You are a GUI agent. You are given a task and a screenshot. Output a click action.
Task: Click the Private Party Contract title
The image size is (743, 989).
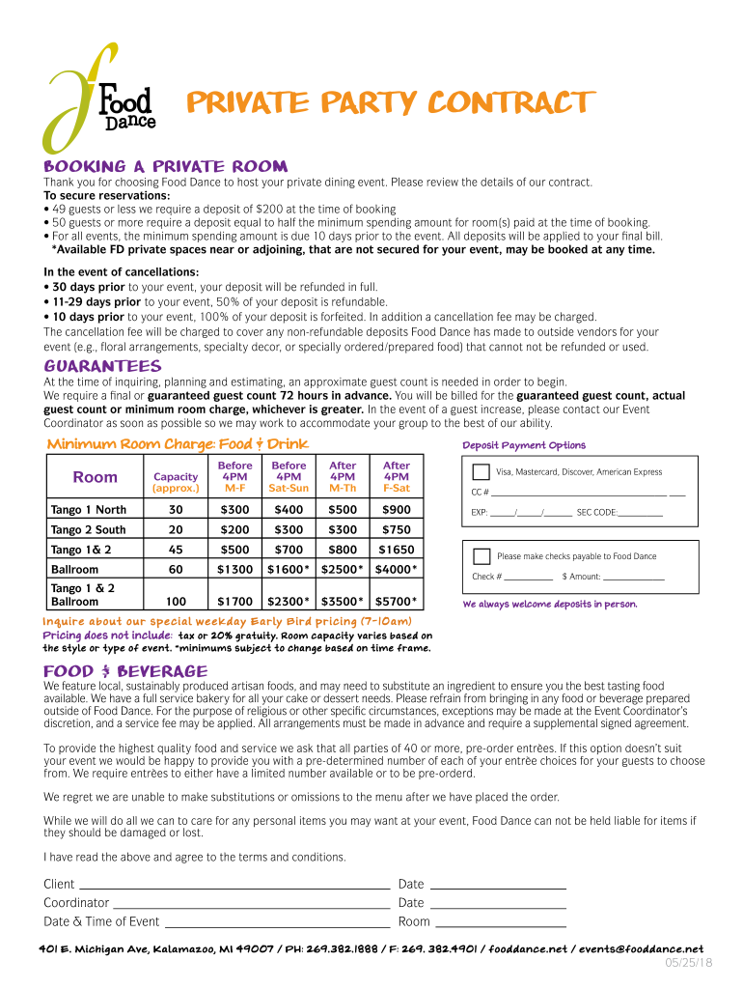tap(389, 102)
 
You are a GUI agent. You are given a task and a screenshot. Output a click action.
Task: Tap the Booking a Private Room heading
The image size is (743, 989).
tap(165, 166)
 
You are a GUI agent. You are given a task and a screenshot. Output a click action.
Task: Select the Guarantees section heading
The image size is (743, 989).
tap(102, 366)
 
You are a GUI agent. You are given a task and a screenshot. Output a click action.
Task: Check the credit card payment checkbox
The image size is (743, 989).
tap(481, 472)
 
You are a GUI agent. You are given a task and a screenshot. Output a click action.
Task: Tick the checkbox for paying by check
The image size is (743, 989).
tap(481, 556)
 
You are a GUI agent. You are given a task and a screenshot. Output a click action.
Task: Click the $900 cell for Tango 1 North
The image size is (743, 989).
tap(396, 510)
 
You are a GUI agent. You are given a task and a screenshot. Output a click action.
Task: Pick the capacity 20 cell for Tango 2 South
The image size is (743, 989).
tap(176, 529)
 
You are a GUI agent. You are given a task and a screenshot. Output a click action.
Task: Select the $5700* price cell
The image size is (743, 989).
tap(396, 601)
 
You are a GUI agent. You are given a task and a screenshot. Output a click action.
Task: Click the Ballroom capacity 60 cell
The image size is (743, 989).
tap(176, 570)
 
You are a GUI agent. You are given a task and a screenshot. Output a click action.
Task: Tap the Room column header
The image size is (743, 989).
tap(95, 477)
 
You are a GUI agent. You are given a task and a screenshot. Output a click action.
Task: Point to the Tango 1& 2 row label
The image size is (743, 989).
tap(81, 550)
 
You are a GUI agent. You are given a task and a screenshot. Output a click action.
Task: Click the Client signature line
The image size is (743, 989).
tap(234, 886)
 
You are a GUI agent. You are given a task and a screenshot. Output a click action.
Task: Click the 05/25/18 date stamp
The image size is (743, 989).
tap(688, 964)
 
